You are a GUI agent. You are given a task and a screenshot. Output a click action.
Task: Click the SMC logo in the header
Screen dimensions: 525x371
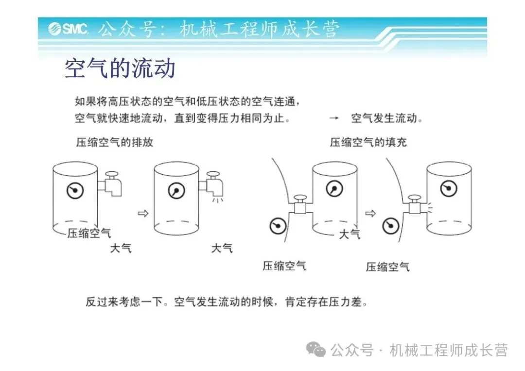[68, 29]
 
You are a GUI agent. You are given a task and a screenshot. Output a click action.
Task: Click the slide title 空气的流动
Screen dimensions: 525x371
[120, 69]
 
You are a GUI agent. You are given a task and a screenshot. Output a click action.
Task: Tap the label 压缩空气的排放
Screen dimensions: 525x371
[115, 142]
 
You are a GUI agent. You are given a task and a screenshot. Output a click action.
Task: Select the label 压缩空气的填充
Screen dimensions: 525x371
[368, 142]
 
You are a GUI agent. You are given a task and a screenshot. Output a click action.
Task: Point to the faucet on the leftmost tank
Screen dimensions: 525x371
[111, 184]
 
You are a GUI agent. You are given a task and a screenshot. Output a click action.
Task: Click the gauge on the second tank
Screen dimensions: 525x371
[176, 190]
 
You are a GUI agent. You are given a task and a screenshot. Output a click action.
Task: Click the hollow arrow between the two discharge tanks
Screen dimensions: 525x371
[142, 213]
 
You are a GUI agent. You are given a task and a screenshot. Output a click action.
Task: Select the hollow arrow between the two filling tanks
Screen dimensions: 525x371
[370, 213]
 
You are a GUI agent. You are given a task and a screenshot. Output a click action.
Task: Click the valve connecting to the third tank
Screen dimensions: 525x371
[300, 207]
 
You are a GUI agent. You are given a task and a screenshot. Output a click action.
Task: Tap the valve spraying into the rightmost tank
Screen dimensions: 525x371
[415, 206]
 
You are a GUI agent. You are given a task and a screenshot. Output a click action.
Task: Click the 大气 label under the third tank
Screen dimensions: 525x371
[350, 234]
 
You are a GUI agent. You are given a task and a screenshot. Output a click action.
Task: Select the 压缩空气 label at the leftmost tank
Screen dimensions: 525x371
[89, 233]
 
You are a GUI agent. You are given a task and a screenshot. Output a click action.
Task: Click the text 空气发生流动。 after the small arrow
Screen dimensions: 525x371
[387, 118]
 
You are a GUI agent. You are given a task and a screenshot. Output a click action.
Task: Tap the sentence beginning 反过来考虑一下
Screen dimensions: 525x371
[227, 302]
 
